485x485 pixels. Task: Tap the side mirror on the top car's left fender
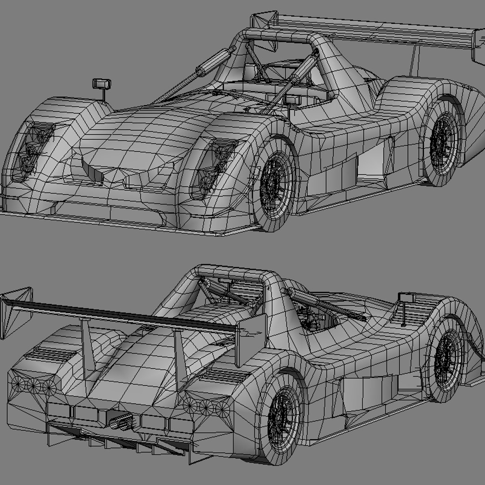[101, 84]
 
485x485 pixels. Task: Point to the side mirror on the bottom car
[406, 297]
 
